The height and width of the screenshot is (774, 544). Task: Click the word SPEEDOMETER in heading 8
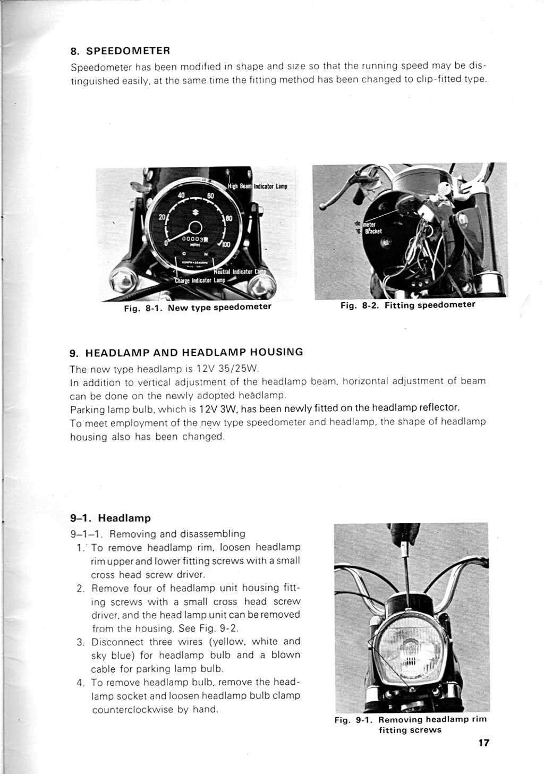[128, 51]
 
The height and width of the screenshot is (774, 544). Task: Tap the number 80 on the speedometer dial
[228, 218]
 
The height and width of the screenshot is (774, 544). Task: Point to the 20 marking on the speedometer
[162, 217]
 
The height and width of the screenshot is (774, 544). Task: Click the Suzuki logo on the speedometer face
[195, 212]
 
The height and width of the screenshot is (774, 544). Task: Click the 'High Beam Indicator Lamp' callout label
[257, 186]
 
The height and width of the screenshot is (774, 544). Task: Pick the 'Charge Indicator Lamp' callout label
[200, 280]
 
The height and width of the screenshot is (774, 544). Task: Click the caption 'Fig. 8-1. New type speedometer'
[198, 307]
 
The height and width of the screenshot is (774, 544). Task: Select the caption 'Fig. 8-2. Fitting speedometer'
[407, 305]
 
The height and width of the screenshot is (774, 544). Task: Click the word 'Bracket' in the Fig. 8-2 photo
[373, 231]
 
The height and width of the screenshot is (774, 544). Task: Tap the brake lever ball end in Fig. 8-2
[322, 206]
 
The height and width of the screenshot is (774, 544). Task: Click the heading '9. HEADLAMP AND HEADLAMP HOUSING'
[186, 352]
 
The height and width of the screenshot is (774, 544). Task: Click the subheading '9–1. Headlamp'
[110, 518]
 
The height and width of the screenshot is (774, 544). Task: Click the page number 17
[483, 743]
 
